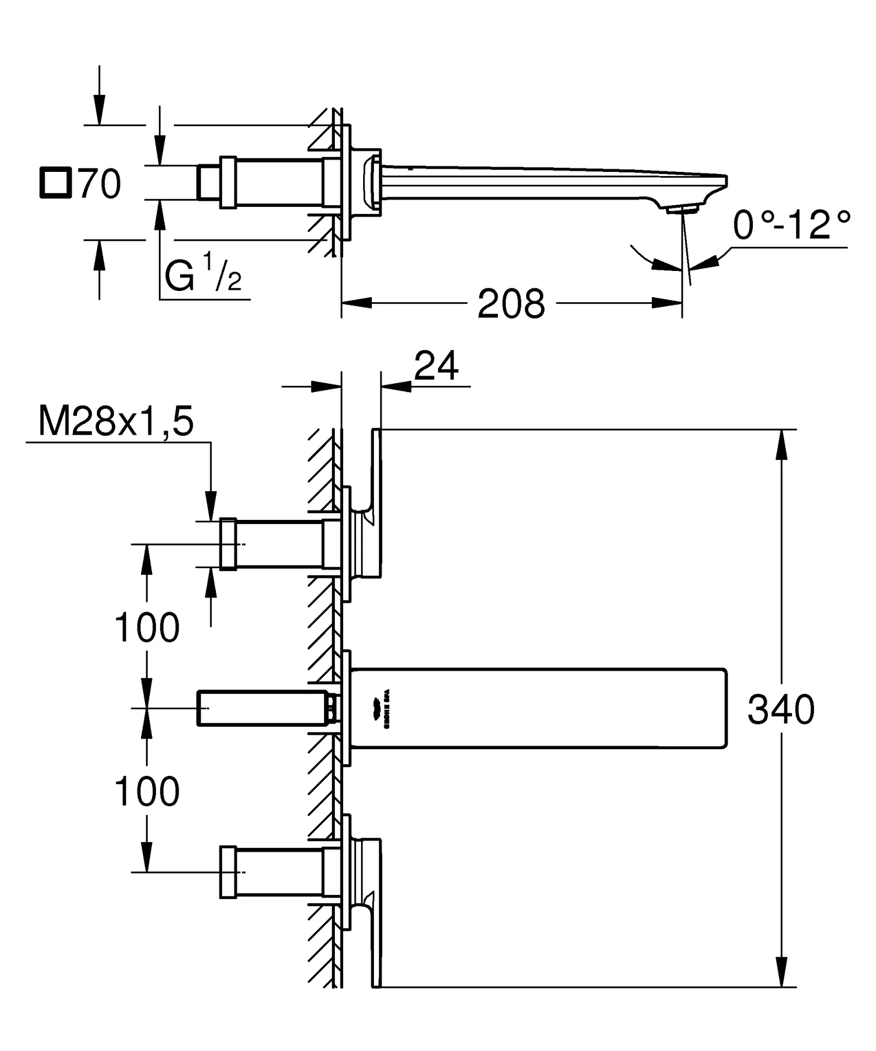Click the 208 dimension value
click(x=511, y=304)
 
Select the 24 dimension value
click(x=436, y=366)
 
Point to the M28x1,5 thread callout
click(x=116, y=422)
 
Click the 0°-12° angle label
click(x=791, y=225)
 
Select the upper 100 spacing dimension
click(x=147, y=627)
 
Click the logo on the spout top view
click(x=387, y=708)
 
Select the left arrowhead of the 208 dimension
click(x=356, y=303)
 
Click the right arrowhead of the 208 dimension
click(x=667, y=303)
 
